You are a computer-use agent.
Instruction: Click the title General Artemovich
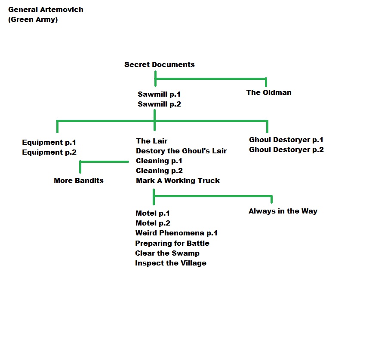tap(46, 9)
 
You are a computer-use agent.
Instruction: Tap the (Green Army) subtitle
tap(33, 19)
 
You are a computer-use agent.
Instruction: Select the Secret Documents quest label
tap(159, 64)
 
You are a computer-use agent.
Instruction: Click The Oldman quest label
tap(268, 92)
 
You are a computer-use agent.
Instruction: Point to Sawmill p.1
tap(159, 94)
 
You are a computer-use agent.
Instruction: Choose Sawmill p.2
tap(159, 104)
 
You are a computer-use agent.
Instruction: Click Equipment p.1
tap(49, 142)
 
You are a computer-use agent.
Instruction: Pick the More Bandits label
tap(79, 180)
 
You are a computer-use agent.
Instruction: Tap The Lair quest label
tap(151, 141)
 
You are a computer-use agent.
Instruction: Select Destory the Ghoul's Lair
tap(181, 151)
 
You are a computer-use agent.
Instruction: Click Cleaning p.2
tap(159, 171)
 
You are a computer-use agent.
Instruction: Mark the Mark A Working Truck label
tap(178, 180)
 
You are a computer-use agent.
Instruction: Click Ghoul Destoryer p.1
tap(286, 140)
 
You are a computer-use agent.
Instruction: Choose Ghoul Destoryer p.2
tap(286, 149)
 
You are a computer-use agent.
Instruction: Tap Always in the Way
tap(283, 211)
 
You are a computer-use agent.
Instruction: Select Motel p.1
tap(153, 213)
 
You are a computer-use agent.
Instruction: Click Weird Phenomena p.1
tap(176, 233)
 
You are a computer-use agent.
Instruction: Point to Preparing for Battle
tap(172, 243)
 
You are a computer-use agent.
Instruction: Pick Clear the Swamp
tap(167, 253)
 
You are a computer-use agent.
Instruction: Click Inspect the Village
tap(170, 263)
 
